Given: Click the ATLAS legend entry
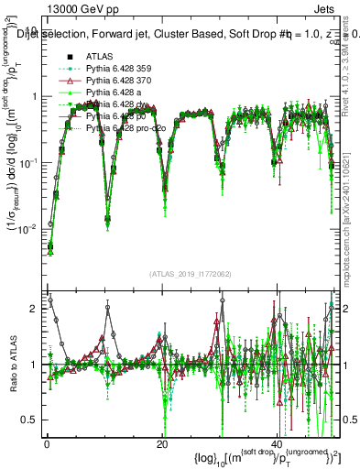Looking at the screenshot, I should [99, 56].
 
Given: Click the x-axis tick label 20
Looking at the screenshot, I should [161, 444].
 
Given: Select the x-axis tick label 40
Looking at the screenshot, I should [277, 444].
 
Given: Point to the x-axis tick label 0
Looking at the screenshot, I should [47, 444].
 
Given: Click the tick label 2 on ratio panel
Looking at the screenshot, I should [34, 309].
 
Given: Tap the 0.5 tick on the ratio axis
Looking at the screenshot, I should [29, 420].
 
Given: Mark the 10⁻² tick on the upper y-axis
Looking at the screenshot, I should [27, 228].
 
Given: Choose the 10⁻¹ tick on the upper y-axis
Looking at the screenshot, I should [27, 162].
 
